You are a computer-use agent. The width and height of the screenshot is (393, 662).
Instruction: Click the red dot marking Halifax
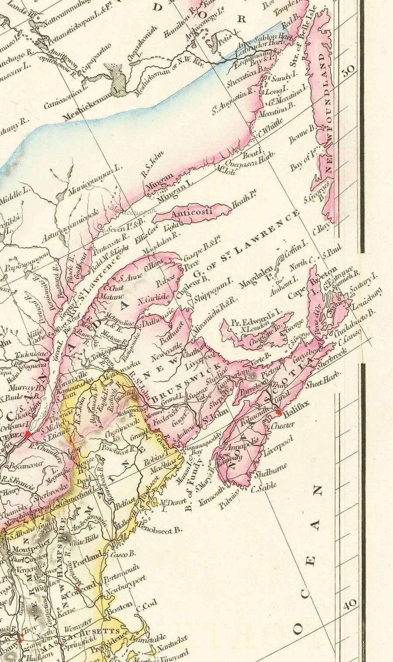pos(279,412)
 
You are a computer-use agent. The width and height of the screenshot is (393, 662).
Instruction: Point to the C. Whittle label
pos(271,128)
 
